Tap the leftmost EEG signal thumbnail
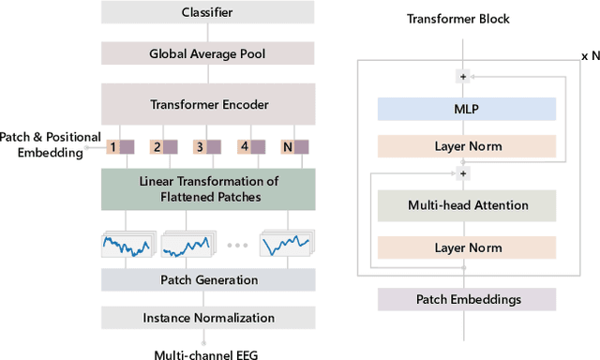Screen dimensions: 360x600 coord(127,246)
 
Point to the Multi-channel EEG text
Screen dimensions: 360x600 coord(204,354)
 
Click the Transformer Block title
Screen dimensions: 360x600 coord(465,20)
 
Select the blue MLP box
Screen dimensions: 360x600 coord(466,109)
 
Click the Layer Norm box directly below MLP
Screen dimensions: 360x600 coord(466,146)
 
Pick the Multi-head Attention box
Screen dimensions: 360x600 coord(466,204)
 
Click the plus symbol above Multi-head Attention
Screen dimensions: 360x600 coord(461,172)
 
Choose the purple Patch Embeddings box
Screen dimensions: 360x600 coord(466,299)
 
